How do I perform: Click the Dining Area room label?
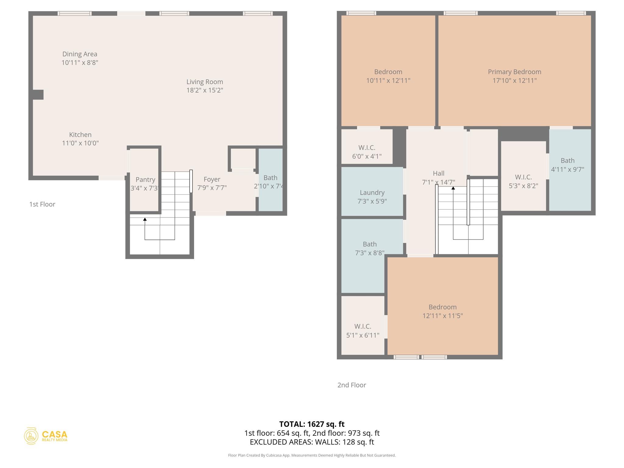[80, 54]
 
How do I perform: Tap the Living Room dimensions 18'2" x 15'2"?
[205, 90]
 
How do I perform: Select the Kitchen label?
[80, 135]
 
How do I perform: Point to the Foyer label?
[212, 179]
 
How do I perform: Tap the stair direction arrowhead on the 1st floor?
[145, 219]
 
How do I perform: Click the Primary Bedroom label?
[514, 72]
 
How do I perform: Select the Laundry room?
[372, 197]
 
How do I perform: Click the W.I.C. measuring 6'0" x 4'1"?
[367, 152]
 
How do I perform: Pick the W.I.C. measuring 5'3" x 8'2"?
[523, 181]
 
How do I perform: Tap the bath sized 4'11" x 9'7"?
[567, 165]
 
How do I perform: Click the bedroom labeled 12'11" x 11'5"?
[442, 311]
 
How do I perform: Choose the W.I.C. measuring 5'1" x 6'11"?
[363, 331]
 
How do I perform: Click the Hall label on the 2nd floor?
[438, 173]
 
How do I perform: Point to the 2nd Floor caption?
[352, 385]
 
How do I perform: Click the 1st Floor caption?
[42, 204]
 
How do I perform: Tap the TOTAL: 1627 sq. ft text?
[312, 424]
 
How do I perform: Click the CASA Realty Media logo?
[46, 436]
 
